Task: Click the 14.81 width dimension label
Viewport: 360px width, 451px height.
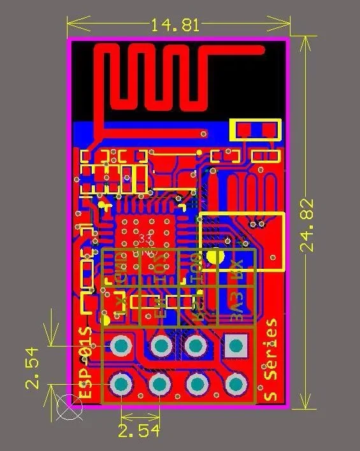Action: (x=175, y=25)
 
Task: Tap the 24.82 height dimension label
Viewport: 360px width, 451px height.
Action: (x=308, y=225)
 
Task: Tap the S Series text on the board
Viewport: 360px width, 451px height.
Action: (x=271, y=360)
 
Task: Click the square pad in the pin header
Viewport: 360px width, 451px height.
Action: (x=236, y=346)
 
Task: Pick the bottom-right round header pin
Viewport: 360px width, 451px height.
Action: (x=236, y=384)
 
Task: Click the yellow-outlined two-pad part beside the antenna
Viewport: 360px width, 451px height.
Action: (x=256, y=131)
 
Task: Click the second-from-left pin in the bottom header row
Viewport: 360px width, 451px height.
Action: (x=159, y=384)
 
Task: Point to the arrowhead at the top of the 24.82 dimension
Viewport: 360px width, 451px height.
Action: (x=308, y=40)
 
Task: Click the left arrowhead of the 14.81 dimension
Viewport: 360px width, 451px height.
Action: (x=71, y=25)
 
